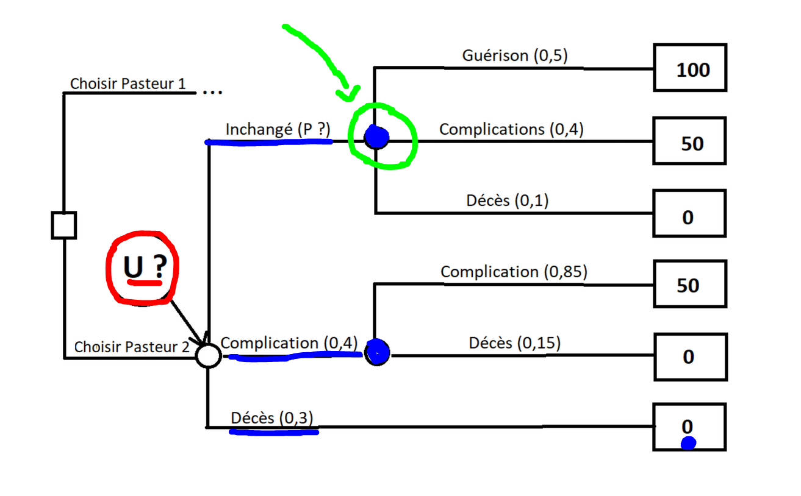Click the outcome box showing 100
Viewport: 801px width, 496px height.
[x=690, y=68]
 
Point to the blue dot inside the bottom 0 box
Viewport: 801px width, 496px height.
[x=688, y=443]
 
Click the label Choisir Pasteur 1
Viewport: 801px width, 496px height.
[x=128, y=83]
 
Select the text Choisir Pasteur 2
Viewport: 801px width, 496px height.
[x=132, y=347]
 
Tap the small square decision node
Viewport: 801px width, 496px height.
[x=63, y=225]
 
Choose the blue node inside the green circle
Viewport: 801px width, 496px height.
[x=377, y=138]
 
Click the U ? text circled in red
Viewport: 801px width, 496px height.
[x=143, y=268]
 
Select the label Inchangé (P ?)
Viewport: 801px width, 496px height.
[x=278, y=130]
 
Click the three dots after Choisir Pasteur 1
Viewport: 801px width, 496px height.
[x=212, y=92]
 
